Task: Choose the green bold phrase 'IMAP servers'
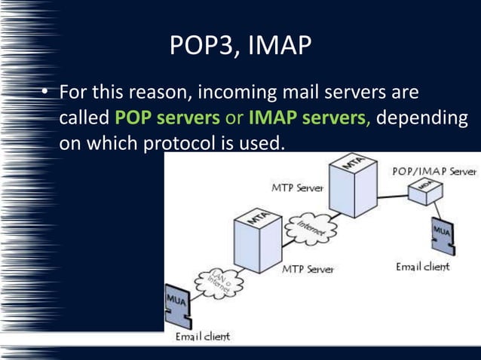pos(308,118)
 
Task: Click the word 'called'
pos(84,118)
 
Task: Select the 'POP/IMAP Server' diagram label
pos(434,172)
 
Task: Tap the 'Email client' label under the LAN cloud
pos(202,336)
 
